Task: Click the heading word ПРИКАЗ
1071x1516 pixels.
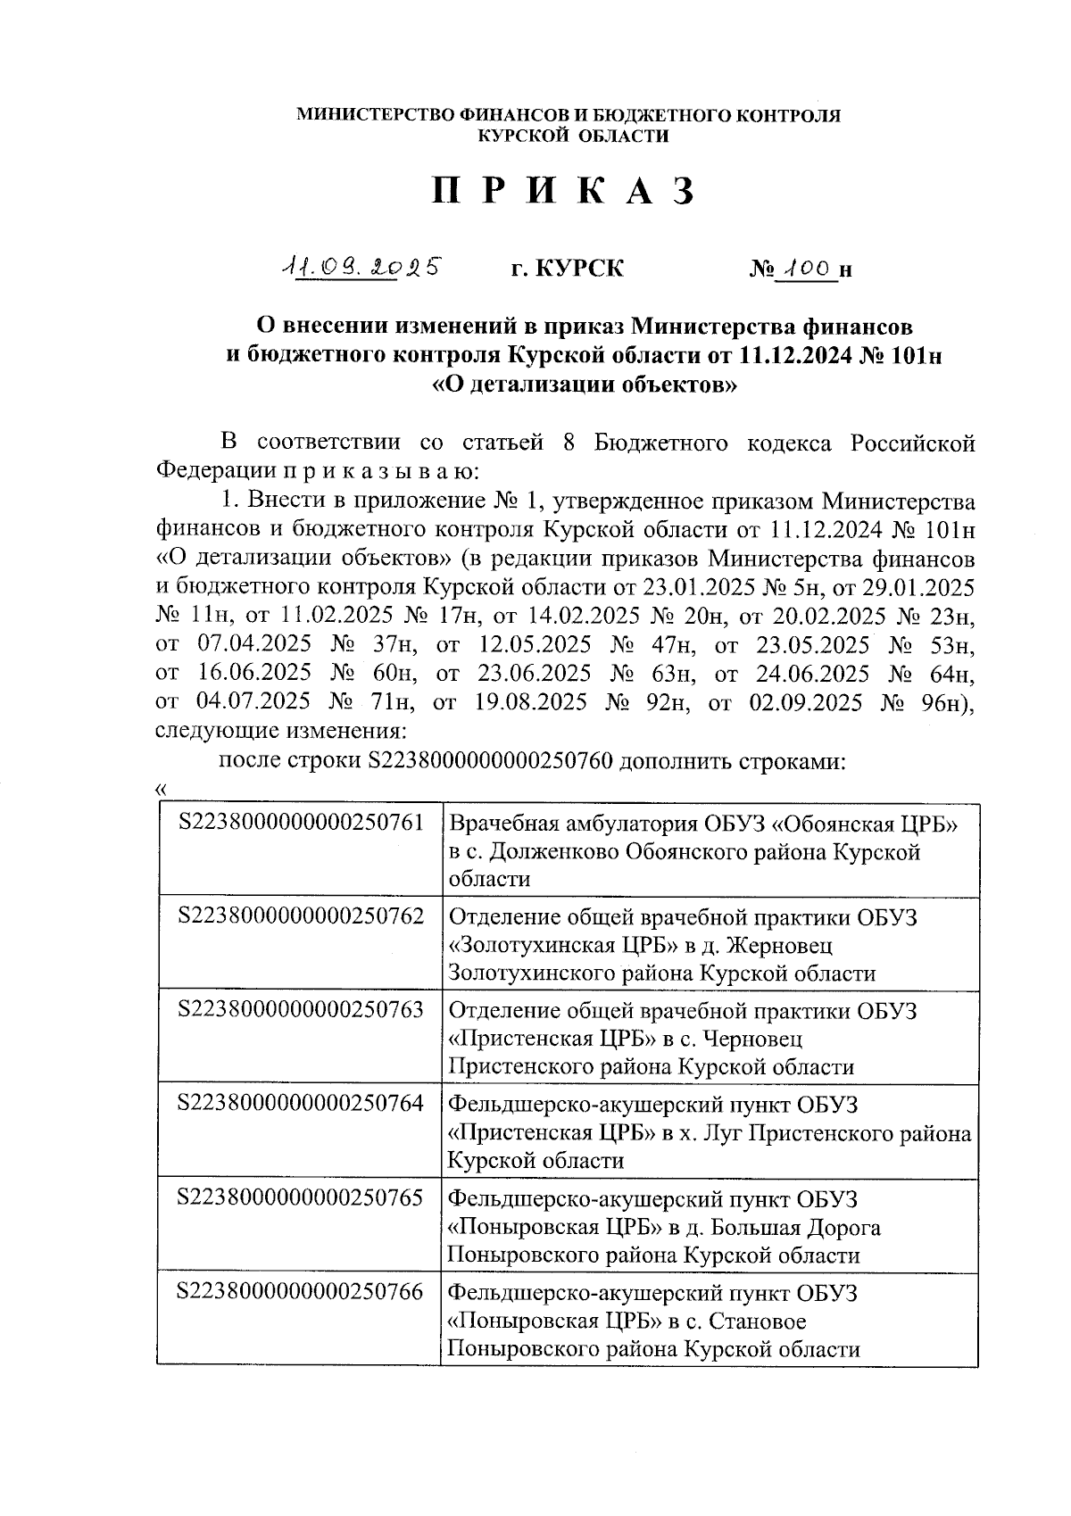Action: (563, 192)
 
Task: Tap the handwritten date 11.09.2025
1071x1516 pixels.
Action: (361, 266)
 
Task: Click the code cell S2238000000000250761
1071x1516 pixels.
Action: (301, 822)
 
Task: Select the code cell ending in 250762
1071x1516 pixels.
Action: (301, 915)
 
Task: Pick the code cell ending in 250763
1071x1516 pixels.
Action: (301, 1009)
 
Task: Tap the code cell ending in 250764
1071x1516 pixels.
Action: (301, 1103)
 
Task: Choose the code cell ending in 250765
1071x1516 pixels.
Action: (301, 1197)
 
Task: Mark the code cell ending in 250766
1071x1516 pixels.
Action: (301, 1291)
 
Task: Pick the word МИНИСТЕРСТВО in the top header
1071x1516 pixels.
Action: (365, 116)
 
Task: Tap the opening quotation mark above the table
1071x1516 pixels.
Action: (161, 788)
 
